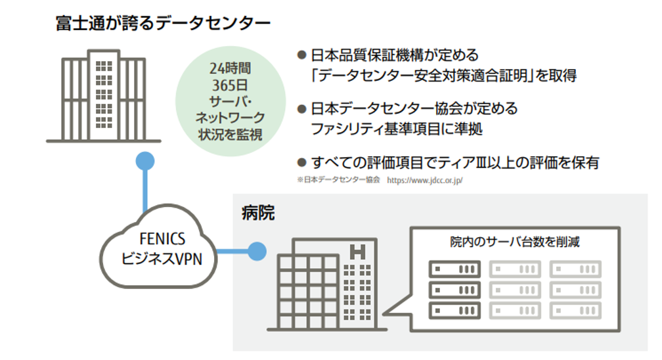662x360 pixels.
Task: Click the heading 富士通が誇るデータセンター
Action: pos(163,24)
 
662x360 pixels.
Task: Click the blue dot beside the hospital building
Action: pos(257,250)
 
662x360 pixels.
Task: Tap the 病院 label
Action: pos(257,213)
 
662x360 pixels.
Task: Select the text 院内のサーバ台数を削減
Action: pos(514,242)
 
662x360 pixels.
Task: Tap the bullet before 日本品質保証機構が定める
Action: pos(302,55)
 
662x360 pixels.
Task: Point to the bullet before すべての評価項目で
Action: pos(302,162)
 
